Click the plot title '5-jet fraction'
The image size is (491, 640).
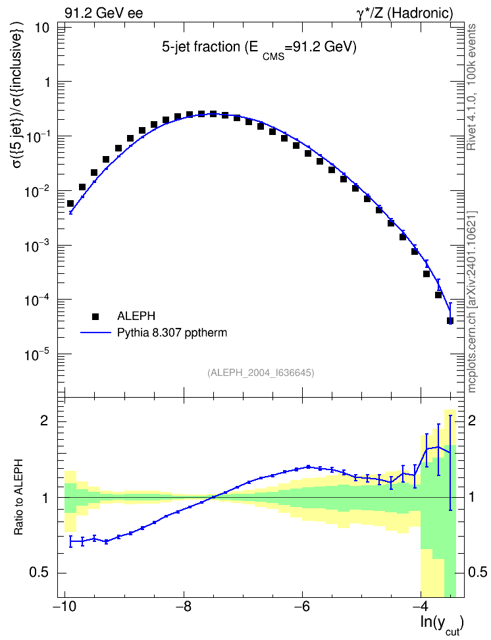(201, 47)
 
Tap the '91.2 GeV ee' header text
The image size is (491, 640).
(104, 13)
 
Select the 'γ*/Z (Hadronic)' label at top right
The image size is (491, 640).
(405, 13)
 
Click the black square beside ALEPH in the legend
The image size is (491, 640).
(95, 316)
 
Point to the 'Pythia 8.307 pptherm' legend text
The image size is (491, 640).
(172, 333)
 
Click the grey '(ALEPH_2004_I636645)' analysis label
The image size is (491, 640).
(261, 373)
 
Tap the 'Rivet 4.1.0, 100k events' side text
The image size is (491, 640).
(471, 87)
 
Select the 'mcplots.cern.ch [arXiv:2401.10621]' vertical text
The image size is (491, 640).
(471, 302)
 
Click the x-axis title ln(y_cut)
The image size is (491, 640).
(442, 624)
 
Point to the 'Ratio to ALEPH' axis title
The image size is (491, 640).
(18, 497)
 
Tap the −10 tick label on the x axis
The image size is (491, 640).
(65, 606)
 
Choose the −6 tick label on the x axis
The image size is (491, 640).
(302, 606)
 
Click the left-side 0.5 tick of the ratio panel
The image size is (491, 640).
(39, 573)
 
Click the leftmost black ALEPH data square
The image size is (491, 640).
(70, 203)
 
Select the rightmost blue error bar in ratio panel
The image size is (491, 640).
(450, 463)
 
